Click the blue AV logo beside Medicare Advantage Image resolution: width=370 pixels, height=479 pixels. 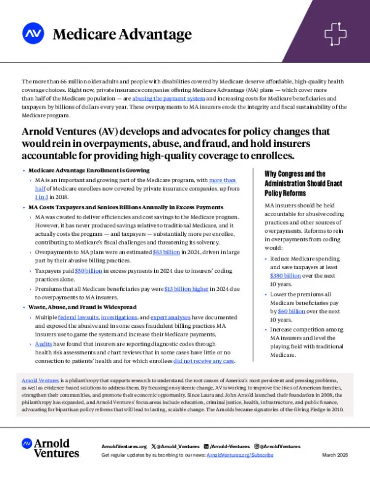[33, 33]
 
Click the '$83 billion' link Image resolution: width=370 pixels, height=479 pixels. [165, 252]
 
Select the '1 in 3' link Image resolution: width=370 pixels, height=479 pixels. [42, 197]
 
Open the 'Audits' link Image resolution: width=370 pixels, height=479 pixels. [43, 343]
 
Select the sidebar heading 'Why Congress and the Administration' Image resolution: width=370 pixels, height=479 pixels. [302, 178]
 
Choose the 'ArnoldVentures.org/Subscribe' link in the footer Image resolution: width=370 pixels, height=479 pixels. [240, 454]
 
